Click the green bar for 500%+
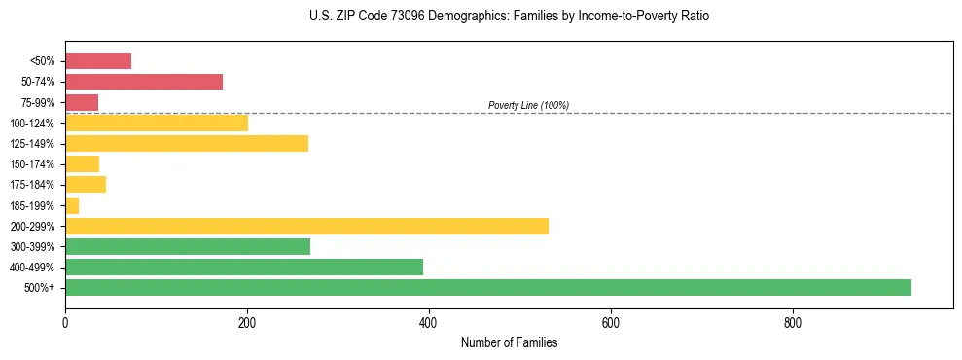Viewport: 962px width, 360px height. (x=487, y=287)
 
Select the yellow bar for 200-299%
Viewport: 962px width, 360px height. (x=306, y=226)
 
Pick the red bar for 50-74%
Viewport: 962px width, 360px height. (x=144, y=82)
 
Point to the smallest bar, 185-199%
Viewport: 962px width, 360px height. (x=72, y=205)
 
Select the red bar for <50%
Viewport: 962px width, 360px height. (x=98, y=61)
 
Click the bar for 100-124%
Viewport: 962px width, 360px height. (x=157, y=123)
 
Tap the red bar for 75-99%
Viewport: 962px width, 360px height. (x=82, y=102)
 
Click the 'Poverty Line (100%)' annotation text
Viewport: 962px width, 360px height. (x=528, y=105)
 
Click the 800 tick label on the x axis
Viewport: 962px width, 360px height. (x=793, y=322)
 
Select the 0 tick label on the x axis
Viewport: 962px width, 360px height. (x=65, y=322)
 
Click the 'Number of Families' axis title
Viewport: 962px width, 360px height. (x=509, y=342)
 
